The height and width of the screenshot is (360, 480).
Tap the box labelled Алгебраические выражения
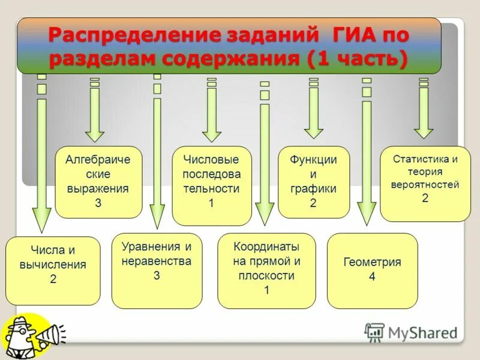(98, 182)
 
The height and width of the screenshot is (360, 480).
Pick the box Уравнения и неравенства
(157, 271)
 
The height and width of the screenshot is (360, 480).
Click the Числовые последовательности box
(211, 185)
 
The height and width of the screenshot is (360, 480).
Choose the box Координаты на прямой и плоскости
(266, 270)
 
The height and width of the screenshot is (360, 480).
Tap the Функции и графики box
(313, 182)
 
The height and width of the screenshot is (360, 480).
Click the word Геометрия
(372, 262)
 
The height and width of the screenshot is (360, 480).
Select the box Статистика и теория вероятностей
(425, 184)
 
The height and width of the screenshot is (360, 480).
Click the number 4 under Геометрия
(372, 277)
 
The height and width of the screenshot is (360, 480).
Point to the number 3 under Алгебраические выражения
(98, 203)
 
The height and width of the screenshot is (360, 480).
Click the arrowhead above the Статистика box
(424, 130)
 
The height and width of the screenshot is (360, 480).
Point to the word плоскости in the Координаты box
(266, 276)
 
